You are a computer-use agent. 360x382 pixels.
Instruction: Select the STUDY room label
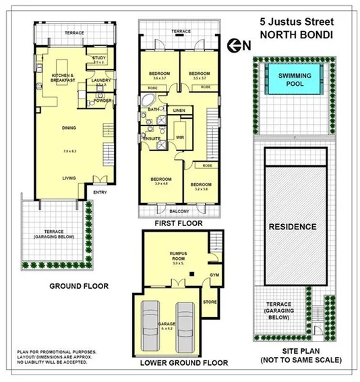pyautogui.click(x=100, y=59)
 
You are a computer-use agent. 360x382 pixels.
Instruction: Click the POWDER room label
pyautogui.click(x=102, y=101)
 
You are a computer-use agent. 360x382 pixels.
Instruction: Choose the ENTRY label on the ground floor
pyautogui.click(x=101, y=192)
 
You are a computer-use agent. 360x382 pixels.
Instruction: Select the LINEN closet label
pyautogui.click(x=179, y=110)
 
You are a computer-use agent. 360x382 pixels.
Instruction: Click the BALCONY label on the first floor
pyautogui.click(x=179, y=210)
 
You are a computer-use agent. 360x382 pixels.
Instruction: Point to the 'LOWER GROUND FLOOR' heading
pyautogui.click(x=183, y=363)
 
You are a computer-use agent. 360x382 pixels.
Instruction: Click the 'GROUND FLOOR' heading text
pyautogui.click(x=78, y=286)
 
